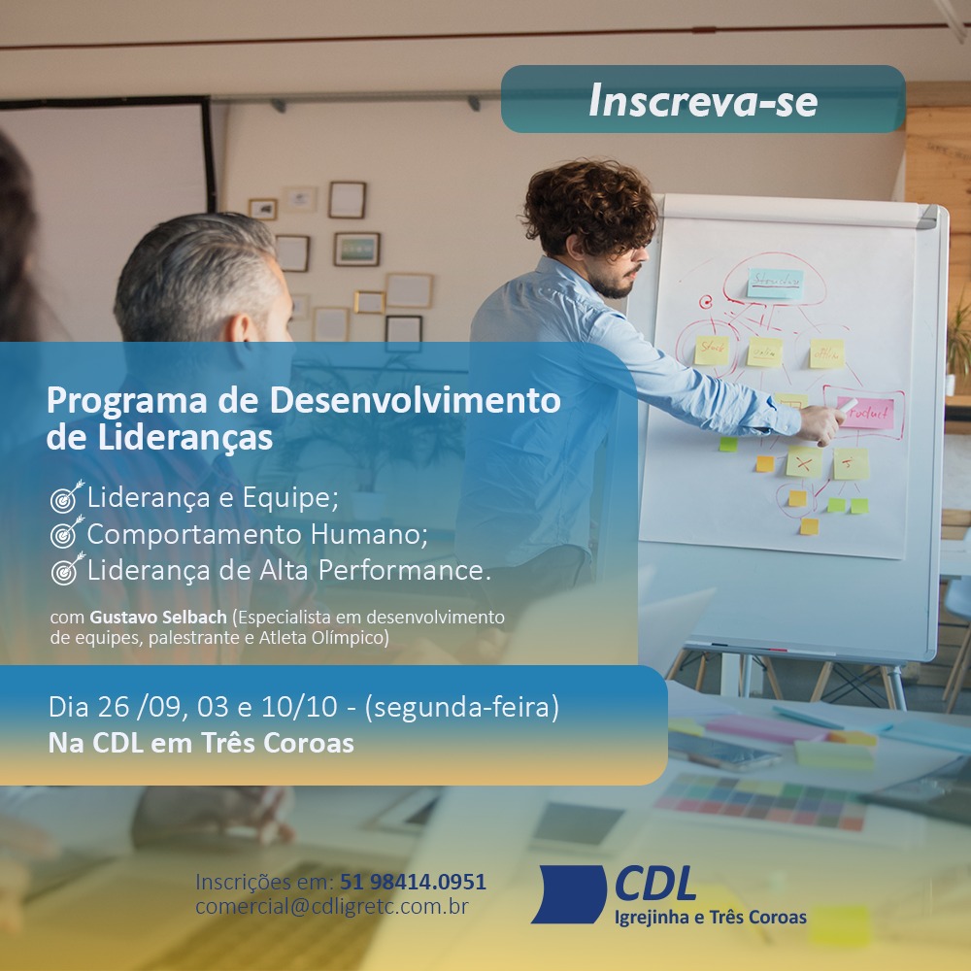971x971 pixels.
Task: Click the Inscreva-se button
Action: [x=703, y=99]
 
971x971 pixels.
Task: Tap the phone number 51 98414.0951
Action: [x=413, y=882]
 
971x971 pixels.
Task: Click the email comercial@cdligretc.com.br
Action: [x=332, y=907]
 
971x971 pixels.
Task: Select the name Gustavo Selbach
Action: [x=158, y=618]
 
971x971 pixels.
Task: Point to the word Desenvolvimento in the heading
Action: [x=415, y=400]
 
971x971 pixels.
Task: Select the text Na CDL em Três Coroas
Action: [x=201, y=743]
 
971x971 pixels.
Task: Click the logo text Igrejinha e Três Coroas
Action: [x=711, y=918]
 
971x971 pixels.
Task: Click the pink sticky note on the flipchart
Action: [x=866, y=414]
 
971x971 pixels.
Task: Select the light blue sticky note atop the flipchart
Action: [x=775, y=284]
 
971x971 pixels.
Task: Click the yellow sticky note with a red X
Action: [x=804, y=462]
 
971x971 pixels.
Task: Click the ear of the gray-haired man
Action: [x=244, y=327]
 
